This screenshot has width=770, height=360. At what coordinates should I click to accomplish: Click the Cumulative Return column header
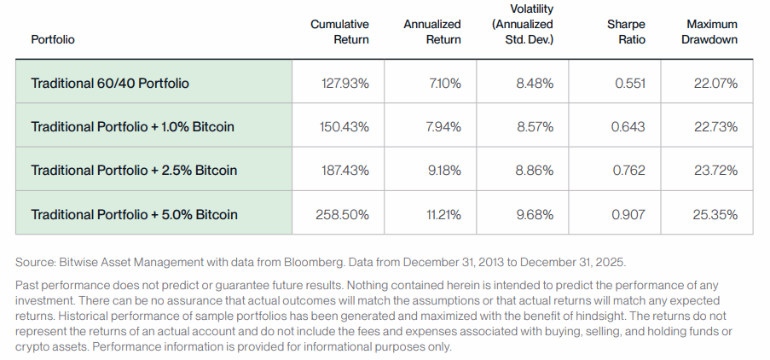click(x=339, y=32)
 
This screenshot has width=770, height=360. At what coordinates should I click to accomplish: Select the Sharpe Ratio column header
click(x=627, y=32)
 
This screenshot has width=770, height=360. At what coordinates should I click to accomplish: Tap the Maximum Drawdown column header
click(x=710, y=32)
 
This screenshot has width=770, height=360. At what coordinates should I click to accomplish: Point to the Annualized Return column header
click(x=432, y=32)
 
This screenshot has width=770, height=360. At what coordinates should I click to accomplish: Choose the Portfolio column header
click(x=52, y=39)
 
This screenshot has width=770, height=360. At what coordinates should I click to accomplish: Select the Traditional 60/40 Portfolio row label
click(x=110, y=84)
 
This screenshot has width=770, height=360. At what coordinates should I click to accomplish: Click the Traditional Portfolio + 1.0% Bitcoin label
click(x=132, y=127)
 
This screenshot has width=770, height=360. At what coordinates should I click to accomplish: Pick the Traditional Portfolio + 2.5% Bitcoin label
click(x=133, y=171)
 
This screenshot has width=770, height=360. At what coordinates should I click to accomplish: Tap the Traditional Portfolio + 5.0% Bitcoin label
click(x=134, y=214)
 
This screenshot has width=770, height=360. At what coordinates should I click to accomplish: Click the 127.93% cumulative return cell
click(x=343, y=84)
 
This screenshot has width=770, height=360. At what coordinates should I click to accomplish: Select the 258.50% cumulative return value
click(x=342, y=214)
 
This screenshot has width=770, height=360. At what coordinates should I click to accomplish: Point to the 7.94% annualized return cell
click(x=443, y=127)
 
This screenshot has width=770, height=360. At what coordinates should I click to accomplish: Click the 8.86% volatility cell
click(x=535, y=171)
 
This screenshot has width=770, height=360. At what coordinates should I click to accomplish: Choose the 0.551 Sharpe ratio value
click(x=629, y=84)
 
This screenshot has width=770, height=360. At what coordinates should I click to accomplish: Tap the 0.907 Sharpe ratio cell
click(x=628, y=214)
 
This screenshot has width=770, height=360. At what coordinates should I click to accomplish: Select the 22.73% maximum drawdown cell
click(x=715, y=127)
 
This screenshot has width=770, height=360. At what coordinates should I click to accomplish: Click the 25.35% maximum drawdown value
click(x=715, y=214)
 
